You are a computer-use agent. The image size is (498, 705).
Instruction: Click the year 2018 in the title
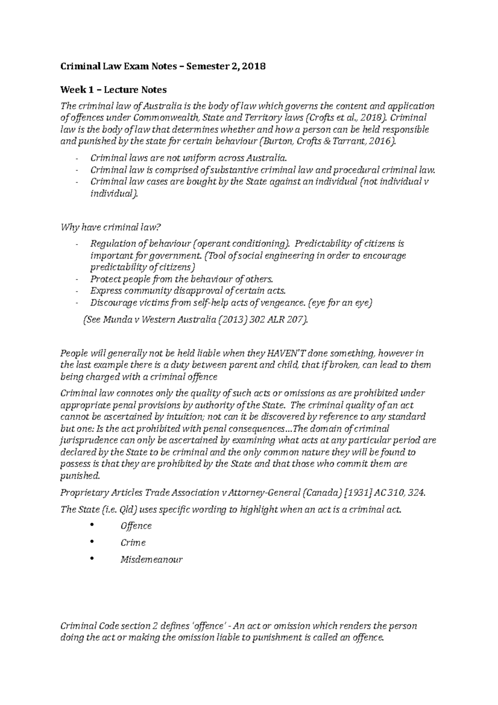(x=254, y=66)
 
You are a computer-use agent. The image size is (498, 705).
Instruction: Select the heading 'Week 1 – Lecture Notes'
(x=113, y=90)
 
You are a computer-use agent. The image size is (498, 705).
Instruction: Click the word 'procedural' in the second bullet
(x=356, y=170)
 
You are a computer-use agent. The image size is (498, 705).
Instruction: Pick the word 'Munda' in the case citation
(x=112, y=320)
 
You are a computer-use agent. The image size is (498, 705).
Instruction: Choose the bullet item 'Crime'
(x=133, y=543)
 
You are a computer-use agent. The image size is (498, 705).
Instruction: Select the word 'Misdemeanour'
(x=151, y=560)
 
